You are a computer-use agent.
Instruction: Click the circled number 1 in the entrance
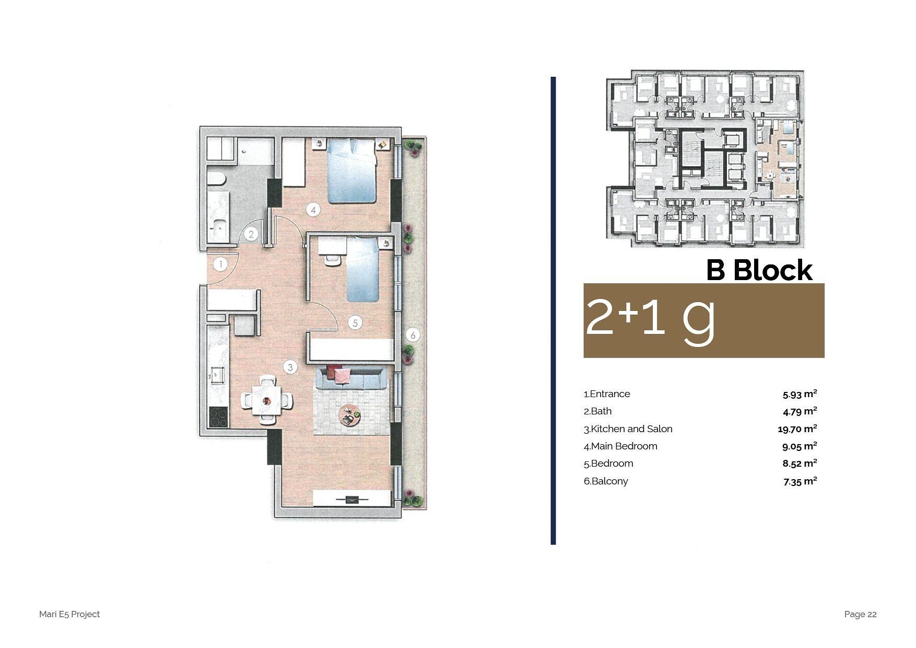pyautogui.click(x=220, y=264)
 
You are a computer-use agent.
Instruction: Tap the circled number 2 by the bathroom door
pyautogui.click(x=251, y=234)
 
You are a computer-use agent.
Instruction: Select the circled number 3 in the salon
pyautogui.click(x=290, y=367)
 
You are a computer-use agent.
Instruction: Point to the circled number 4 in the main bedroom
pyautogui.click(x=313, y=210)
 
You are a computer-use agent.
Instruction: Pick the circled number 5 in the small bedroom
pyautogui.click(x=355, y=323)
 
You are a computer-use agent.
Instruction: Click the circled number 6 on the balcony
pyautogui.click(x=413, y=335)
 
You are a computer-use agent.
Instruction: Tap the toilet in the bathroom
pyautogui.click(x=216, y=180)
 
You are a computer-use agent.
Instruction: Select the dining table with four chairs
pyautogui.click(x=267, y=400)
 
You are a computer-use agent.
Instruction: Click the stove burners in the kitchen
pyautogui.click(x=218, y=417)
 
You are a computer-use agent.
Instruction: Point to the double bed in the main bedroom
pyautogui.click(x=351, y=171)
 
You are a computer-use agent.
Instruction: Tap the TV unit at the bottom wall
pyautogui.click(x=351, y=499)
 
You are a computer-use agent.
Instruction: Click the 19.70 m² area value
pyautogui.click(x=797, y=429)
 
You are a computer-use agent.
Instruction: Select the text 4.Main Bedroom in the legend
pyautogui.click(x=620, y=446)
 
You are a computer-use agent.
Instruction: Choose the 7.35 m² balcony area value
pyautogui.click(x=800, y=481)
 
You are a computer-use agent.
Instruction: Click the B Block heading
pyautogui.click(x=759, y=270)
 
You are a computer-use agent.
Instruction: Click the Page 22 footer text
pyautogui.click(x=860, y=615)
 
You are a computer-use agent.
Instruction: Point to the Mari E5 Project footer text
pyautogui.click(x=69, y=615)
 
